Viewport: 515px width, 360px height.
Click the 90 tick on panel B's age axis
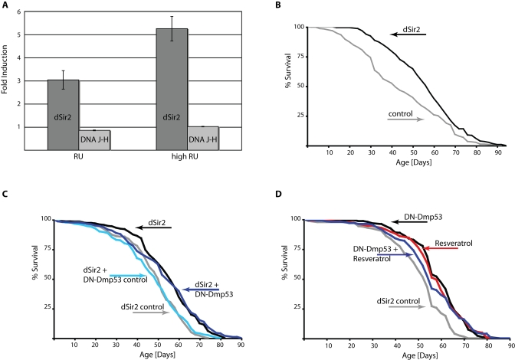[x=502, y=152]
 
